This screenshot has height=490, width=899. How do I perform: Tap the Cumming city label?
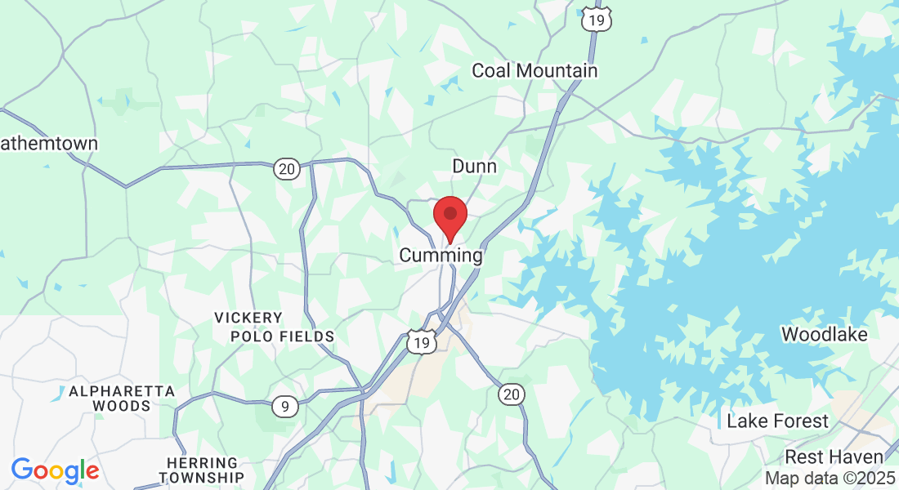point(441,256)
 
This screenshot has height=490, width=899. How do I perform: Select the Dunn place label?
point(474,166)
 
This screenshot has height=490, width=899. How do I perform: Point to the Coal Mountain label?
point(534,71)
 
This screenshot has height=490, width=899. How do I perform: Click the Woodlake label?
point(824,334)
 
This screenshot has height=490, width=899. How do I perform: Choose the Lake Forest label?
point(777,421)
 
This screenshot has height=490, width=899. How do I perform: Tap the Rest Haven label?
point(834,457)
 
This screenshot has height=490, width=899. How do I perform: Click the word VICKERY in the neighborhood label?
point(248,318)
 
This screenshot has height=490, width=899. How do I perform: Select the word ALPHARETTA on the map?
point(122,391)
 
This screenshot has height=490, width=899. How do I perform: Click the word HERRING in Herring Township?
point(202,463)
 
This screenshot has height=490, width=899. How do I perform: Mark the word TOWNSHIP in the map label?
point(202,477)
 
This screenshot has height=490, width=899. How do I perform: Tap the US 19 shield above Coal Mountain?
point(597,19)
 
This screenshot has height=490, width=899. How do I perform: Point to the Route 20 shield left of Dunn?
point(286,169)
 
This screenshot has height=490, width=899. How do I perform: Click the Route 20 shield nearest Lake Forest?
point(511,395)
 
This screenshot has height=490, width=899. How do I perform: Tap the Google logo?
point(55,470)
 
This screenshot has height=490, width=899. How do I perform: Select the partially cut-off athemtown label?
point(49,144)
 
